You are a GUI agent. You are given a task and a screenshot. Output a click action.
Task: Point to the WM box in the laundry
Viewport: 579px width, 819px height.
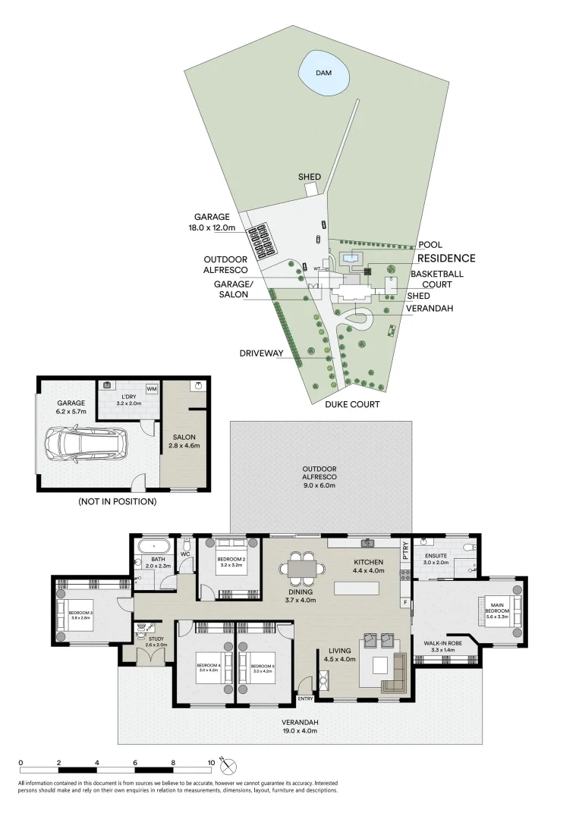coord(152,389)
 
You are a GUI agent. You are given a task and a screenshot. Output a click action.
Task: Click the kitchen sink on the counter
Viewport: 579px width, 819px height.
coord(367,542)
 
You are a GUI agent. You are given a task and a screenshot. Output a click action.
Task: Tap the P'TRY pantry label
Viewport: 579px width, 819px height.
coord(406,549)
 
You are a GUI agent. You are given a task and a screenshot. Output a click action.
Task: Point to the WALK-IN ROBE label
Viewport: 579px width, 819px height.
coord(444,645)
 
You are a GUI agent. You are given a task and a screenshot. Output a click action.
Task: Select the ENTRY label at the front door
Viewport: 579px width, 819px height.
coord(306,698)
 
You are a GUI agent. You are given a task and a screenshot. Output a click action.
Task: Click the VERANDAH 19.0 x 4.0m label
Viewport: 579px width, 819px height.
coord(301,726)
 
